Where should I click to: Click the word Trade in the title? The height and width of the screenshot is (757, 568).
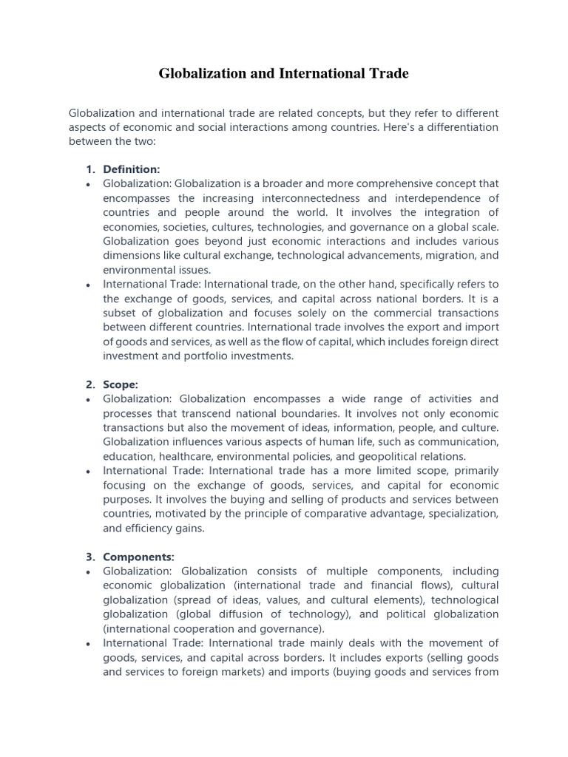click(x=387, y=73)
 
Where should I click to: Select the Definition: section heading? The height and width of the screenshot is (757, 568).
click(x=131, y=169)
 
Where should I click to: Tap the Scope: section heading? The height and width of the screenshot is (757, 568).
click(x=121, y=384)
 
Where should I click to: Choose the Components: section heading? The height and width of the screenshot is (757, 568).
click(x=138, y=557)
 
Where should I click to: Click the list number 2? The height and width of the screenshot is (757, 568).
click(x=89, y=384)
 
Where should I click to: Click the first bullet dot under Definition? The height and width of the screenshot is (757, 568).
click(x=89, y=184)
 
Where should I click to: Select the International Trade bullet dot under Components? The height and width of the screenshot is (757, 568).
click(x=89, y=643)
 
